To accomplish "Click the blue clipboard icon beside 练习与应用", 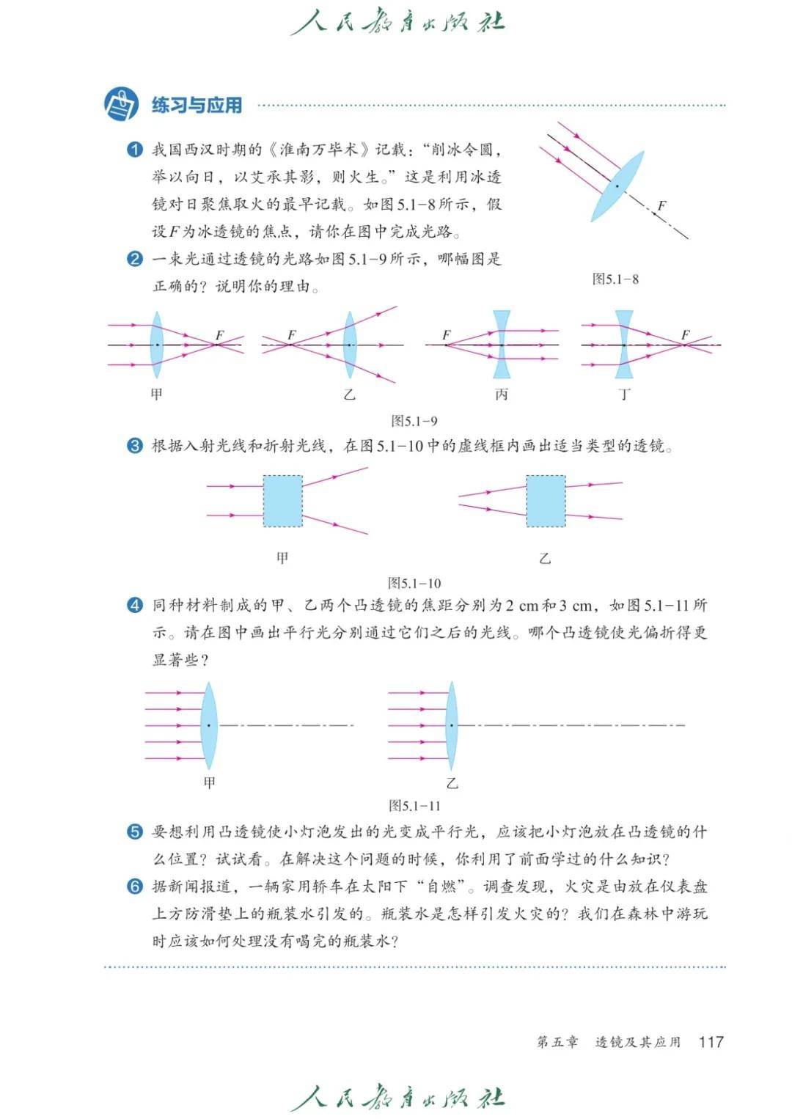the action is coord(122,104).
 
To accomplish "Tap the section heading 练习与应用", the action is coord(197,106).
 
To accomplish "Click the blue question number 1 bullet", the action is coord(134,150).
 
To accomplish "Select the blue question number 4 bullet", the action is coord(134,606).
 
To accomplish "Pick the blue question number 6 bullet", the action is coord(134,887).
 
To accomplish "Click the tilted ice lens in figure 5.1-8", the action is coord(617,186).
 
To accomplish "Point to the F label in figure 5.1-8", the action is coord(661,205).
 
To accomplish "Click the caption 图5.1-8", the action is coord(615,279).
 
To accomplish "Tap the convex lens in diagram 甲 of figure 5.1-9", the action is coord(157,345).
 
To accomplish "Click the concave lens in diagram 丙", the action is coord(502,345).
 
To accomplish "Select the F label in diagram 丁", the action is coord(686,334).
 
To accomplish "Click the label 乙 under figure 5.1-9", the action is coord(349,395).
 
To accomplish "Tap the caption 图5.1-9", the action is coord(414,421).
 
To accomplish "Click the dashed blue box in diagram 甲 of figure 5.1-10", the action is coord(283,501).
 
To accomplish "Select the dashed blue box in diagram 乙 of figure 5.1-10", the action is coord(546,501).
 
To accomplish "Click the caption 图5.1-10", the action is coord(414,583).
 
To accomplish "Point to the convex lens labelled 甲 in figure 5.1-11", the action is coord(209,726).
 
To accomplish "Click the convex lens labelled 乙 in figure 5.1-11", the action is coord(452,726).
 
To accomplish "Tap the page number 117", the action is coord(711,1041).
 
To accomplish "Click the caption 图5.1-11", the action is coord(414,806).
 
